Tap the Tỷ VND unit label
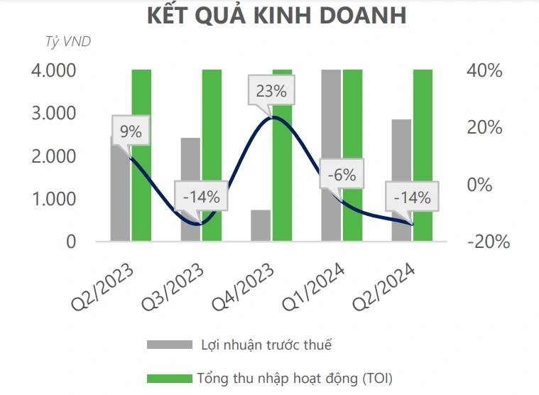pos(68,42)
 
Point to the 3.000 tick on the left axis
pos(54,113)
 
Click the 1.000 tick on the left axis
pos(54,199)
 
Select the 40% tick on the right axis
pos(484,70)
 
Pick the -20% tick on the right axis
pos(489,242)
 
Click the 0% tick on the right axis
pos(479,185)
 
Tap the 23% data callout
pos(271,91)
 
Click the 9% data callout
pos(131,131)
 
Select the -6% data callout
pos(342,175)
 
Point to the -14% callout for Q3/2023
pos(201,197)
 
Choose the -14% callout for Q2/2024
pos(412,197)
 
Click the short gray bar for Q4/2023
pos(261,225)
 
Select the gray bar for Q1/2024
pos(331,155)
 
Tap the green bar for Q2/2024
pos(423,155)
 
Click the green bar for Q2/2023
pos(141,155)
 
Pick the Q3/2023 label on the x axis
pos(173,287)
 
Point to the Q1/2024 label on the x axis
pos(313,287)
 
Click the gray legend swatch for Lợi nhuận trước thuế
pos(170,345)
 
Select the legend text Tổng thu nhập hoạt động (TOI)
pos(295,379)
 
